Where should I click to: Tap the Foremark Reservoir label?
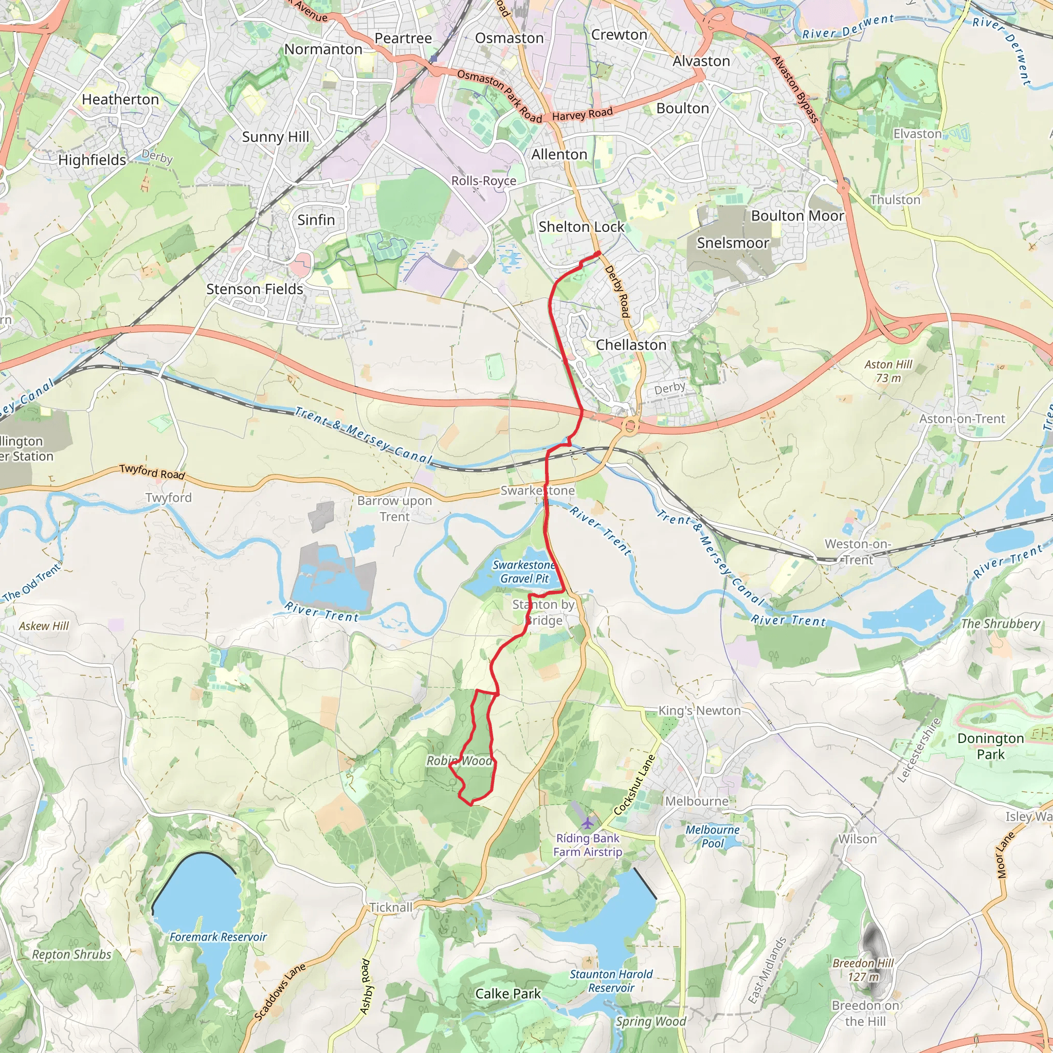coord(218,937)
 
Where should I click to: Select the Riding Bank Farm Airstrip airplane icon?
coord(587,823)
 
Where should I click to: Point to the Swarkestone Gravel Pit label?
coord(524,572)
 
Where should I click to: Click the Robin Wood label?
coord(459,761)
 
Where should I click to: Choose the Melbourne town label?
coord(697,801)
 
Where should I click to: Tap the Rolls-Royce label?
coord(483,180)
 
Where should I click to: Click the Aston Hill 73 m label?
coord(888,371)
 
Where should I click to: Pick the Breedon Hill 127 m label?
coord(863,970)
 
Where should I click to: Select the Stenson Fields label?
coord(255,289)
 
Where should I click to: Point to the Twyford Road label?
coord(152,471)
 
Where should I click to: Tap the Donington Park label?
coord(990,746)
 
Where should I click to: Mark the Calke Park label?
coord(508,993)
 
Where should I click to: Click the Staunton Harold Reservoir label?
coord(611,981)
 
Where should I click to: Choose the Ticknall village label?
coord(391,907)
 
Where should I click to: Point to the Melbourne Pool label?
coord(712,837)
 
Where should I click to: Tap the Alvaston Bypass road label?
coord(795,89)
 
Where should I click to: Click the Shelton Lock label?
coord(581,227)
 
